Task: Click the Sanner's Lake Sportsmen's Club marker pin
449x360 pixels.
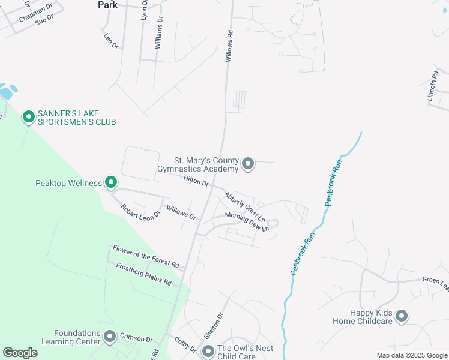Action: (28, 117)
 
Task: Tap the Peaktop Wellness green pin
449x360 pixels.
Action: (110, 182)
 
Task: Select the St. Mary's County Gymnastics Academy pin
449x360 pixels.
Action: (248, 163)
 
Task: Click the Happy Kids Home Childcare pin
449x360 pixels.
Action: (402, 316)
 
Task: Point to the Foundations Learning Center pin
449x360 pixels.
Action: (109, 337)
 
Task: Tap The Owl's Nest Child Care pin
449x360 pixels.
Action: (208, 352)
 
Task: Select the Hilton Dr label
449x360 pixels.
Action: (196, 179)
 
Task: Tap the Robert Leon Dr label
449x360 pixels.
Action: (141, 212)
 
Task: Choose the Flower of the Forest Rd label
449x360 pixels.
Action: (146, 256)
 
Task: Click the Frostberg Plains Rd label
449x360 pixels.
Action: (143, 274)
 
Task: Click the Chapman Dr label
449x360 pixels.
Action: (36, 11)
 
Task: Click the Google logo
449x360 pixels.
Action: (20, 353)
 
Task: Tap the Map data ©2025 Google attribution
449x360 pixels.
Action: (411, 355)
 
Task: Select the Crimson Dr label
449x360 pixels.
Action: (134, 338)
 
